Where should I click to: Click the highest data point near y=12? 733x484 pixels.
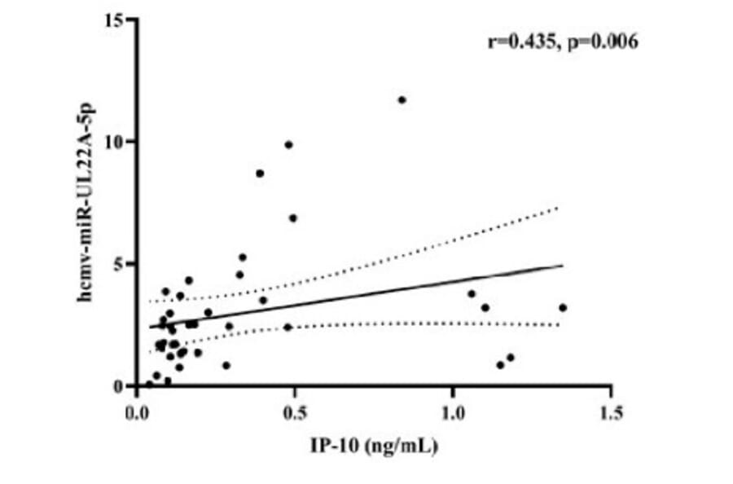pyautogui.click(x=402, y=100)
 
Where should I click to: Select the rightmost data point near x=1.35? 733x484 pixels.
pyautogui.click(x=562, y=307)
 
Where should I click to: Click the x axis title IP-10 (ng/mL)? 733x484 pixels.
pyautogui.click(x=375, y=446)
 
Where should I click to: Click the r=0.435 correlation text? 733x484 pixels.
pyautogui.click(x=518, y=41)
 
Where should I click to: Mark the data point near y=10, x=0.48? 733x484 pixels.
pyautogui.click(x=288, y=145)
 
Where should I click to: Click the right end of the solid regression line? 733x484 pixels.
pyautogui.click(x=563, y=265)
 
